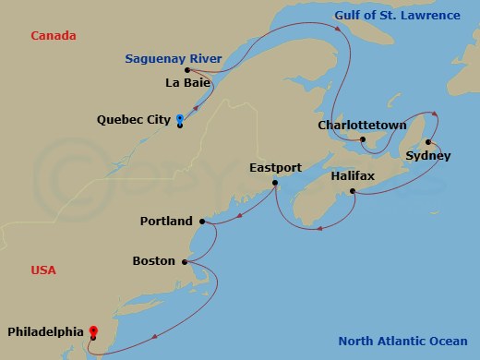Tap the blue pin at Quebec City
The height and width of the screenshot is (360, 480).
click(179, 119)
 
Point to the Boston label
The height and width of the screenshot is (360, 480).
click(153, 261)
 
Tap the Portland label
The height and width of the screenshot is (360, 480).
click(166, 222)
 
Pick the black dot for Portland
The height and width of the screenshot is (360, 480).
click(201, 222)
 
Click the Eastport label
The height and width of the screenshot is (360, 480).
click(276, 168)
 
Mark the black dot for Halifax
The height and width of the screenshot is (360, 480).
click(353, 191)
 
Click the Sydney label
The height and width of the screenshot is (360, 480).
click(428, 156)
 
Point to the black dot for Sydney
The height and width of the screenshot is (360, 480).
click(428, 142)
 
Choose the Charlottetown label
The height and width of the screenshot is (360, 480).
click(362, 125)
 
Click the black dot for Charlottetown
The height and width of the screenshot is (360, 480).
click(363, 139)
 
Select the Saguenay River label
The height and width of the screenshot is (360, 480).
click(173, 59)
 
